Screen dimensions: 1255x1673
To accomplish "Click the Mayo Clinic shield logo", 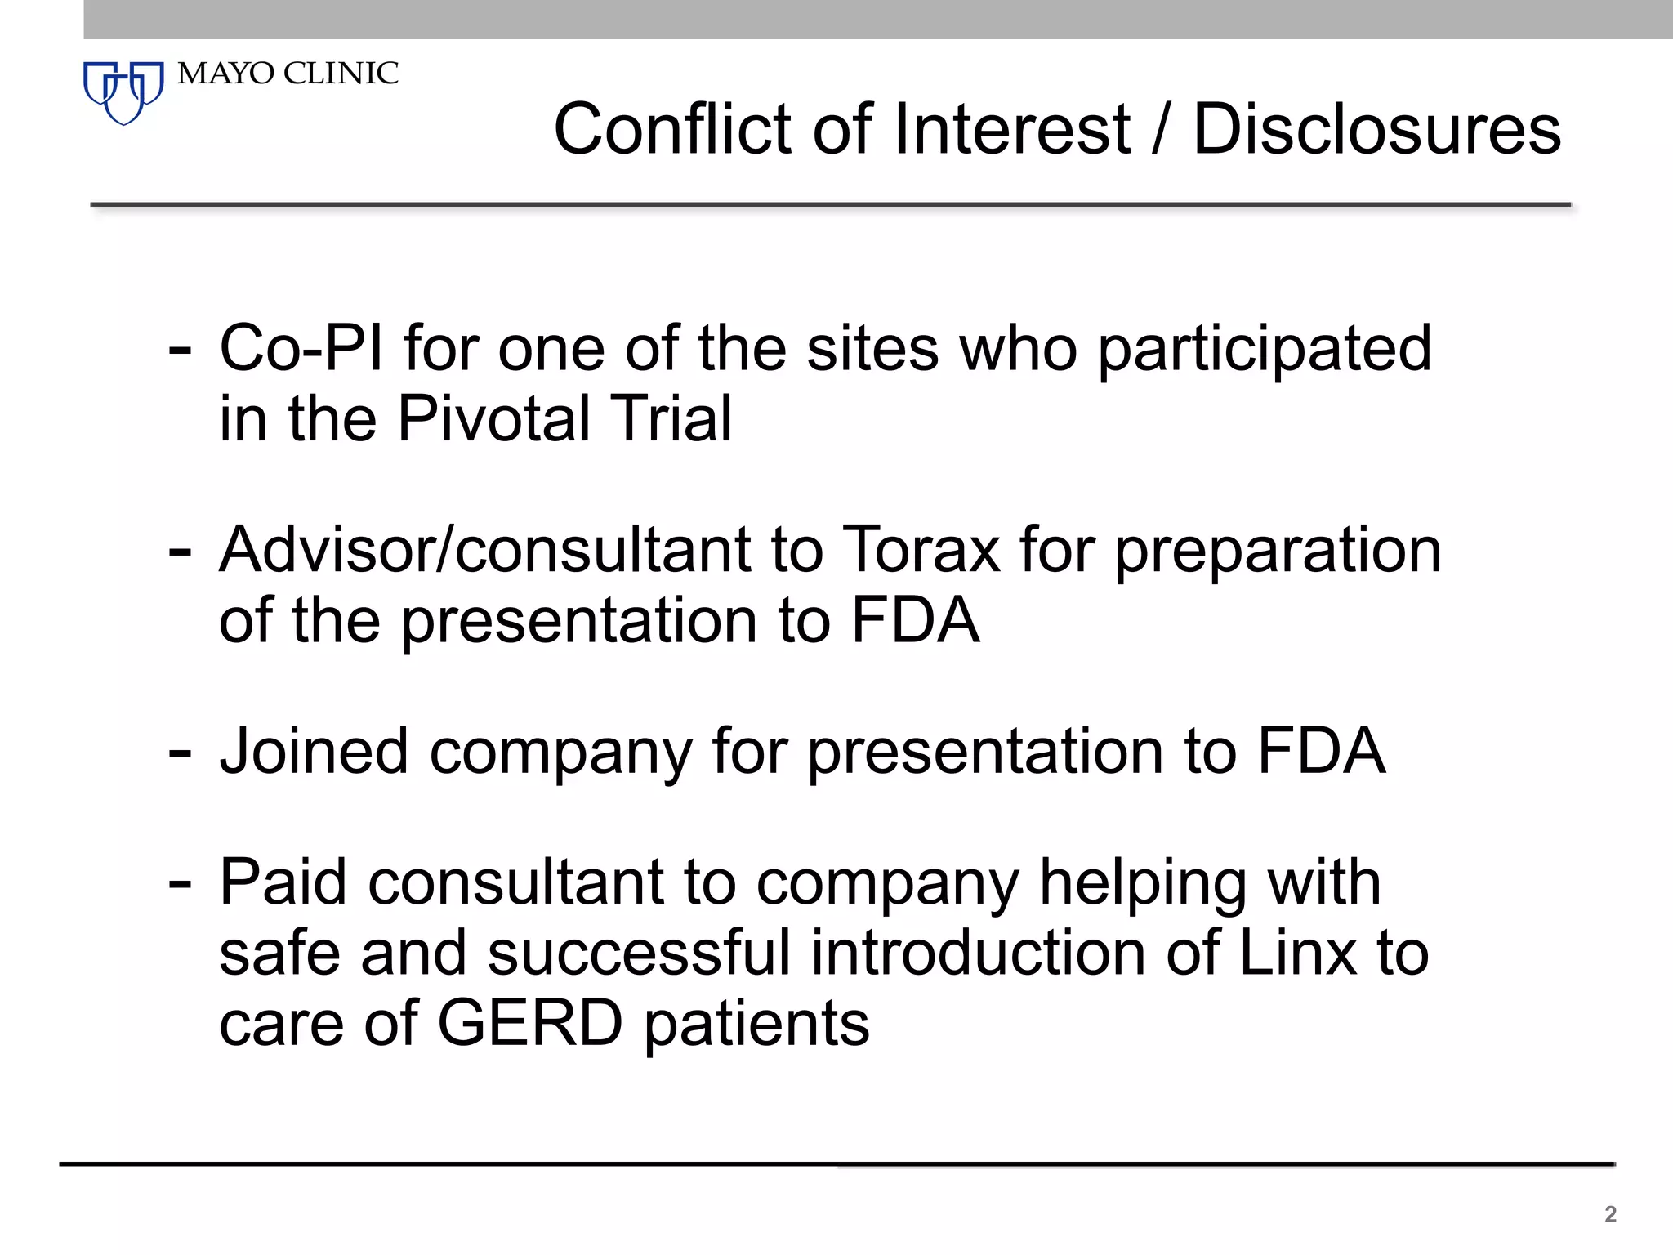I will (123, 92).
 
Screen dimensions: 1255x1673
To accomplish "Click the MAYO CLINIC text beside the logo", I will (288, 74).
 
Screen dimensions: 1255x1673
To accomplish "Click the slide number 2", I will (1610, 1214).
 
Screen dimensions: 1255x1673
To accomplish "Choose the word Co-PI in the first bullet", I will (301, 348).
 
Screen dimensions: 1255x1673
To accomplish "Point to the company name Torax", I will (921, 549).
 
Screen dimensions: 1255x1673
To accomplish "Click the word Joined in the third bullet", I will (314, 751).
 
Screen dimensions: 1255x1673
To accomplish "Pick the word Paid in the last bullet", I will (283, 882).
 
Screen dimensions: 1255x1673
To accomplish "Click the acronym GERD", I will (530, 1023).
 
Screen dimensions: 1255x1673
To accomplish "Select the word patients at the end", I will (756, 1025).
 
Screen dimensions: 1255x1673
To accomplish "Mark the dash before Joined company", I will (179, 753).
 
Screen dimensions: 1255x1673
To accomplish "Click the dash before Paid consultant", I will (179, 884).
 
